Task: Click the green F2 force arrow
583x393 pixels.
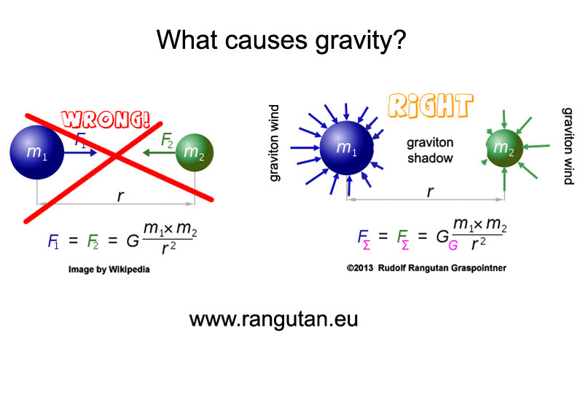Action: pos(157,152)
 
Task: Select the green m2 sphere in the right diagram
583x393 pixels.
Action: pos(504,149)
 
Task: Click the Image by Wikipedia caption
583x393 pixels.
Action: pos(109,269)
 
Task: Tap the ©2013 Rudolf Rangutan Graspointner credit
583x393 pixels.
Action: pos(426,268)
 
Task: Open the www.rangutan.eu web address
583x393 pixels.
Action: pos(273,319)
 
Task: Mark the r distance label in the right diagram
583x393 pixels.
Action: pos(430,192)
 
